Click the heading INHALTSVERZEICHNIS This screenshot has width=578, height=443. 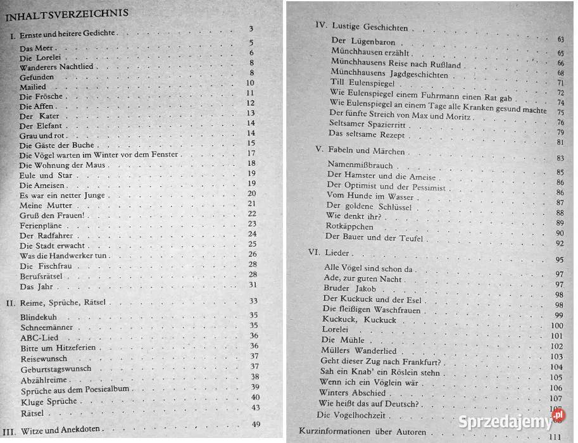coord(66,13)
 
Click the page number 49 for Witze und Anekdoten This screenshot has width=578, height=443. coord(256,424)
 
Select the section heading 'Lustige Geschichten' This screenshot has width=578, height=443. coord(368,28)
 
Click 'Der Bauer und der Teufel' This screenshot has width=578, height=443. coord(373,238)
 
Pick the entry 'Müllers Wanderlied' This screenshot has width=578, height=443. coord(359,351)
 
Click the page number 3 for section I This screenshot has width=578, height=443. coord(251,29)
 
